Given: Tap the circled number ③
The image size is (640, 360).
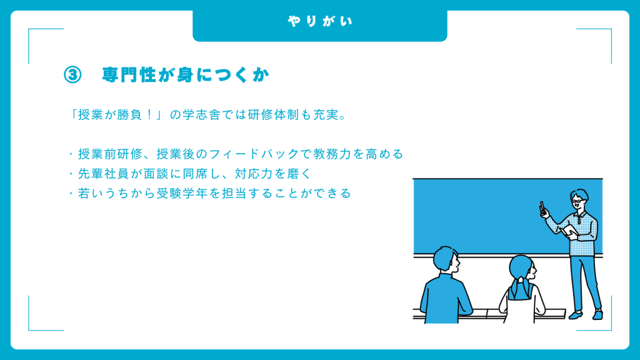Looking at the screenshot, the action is pyautogui.click(x=72, y=75).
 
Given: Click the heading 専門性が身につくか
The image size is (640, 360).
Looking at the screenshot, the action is pyautogui.click(x=186, y=75).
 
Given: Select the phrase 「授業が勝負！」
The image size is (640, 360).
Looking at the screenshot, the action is pyautogui.click(x=117, y=115).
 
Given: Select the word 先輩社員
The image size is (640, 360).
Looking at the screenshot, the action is pyautogui.click(x=104, y=174).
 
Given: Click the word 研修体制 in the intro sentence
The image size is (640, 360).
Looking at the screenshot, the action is pyautogui.click(x=274, y=115).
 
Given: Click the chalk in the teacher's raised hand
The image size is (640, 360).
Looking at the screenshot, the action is pyautogui.click(x=542, y=207).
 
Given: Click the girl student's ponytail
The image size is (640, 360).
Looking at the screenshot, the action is pyautogui.click(x=520, y=287).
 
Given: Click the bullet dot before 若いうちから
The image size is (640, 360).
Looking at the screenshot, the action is pyautogui.click(x=71, y=193).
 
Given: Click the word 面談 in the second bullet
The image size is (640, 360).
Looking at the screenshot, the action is pyautogui.click(x=156, y=174).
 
